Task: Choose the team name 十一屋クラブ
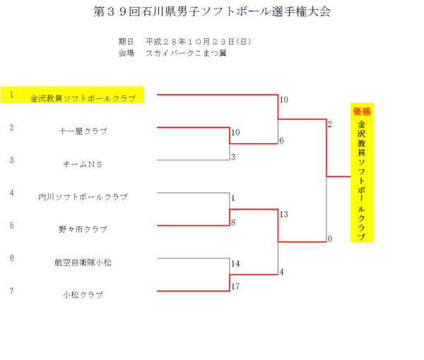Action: (x=83, y=131)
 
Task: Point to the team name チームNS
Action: (x=83, y=164)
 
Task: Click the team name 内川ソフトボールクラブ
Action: (x=83, y=197)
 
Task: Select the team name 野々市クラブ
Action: (x=83, y=229)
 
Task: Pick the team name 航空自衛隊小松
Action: (x=83, y=262)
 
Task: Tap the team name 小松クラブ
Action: (x=83, y=294)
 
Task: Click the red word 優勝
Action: (x=362, y=111)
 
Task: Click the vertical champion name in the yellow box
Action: (x=362, y=181)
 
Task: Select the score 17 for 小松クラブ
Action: (x=236, y=287)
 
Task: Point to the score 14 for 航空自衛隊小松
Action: (x=236, y=263)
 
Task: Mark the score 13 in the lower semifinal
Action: (x=284, y=214)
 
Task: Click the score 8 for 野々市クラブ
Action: (x=233, y=222)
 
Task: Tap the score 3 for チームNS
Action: (x=233, y=157)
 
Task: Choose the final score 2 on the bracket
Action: (x=329, y=124)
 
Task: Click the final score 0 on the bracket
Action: (x=329, y=239)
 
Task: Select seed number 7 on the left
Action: (x=12, y=290)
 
